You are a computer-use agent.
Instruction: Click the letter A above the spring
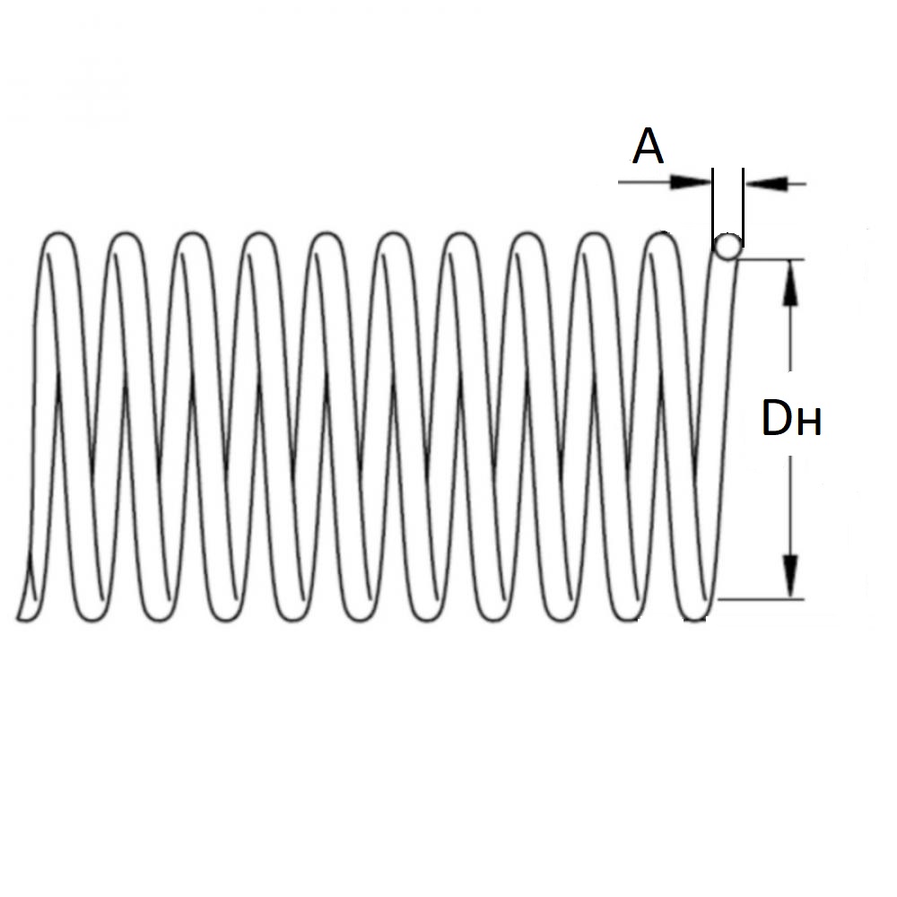(x=649, y=147)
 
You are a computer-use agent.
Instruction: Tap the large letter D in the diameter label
(x=777, y=419)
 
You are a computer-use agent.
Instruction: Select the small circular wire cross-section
(x=727, y=244)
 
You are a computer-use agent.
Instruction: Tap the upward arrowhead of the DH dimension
(x=790, y=283)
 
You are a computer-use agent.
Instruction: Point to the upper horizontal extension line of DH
(x=771, y=260)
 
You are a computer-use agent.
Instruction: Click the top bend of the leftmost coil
(x=60, y=235)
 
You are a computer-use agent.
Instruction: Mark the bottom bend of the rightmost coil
(x=695, y=618)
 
